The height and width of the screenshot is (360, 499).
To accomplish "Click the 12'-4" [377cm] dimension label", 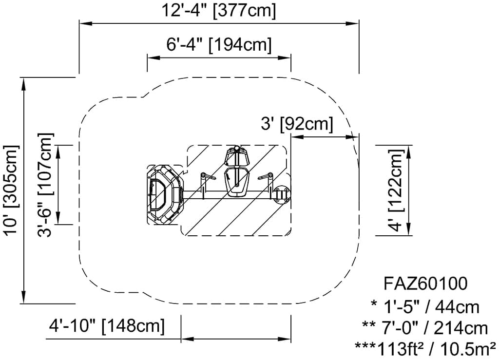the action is click(219, 11).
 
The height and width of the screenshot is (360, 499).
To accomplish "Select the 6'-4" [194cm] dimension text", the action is click(219, 45).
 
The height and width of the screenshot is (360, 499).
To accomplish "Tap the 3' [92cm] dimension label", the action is click(297, 124).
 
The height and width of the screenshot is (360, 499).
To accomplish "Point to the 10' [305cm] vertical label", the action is click(11, 190).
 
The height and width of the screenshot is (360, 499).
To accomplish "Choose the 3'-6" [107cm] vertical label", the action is click(45, 185).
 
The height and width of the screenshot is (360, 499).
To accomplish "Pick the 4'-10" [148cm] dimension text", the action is click(107, 325).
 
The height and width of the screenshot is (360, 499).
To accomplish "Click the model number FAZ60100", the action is click(425, 284).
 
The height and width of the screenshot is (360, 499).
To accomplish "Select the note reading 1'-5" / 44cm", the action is click(425, 307).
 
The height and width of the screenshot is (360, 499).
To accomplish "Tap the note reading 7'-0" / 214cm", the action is click(425, 328).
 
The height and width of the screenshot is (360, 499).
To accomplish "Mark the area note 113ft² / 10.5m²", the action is click(425, 349).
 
